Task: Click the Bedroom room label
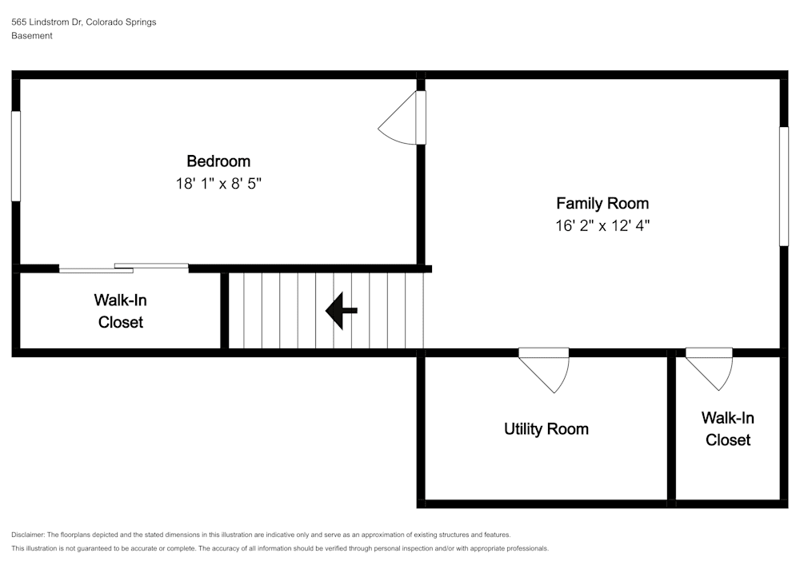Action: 218,161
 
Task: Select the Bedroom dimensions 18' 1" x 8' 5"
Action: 218,184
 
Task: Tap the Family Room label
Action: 602,203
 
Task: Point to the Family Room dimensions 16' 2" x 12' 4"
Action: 602,225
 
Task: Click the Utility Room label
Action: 546,429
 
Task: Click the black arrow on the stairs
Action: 341,311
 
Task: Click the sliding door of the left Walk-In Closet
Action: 124,268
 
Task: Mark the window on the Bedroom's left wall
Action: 15,156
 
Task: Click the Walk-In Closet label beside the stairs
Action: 121,312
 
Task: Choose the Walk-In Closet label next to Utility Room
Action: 727,429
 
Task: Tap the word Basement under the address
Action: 32,36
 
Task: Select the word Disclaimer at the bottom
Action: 28,535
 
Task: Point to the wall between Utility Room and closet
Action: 671,428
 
